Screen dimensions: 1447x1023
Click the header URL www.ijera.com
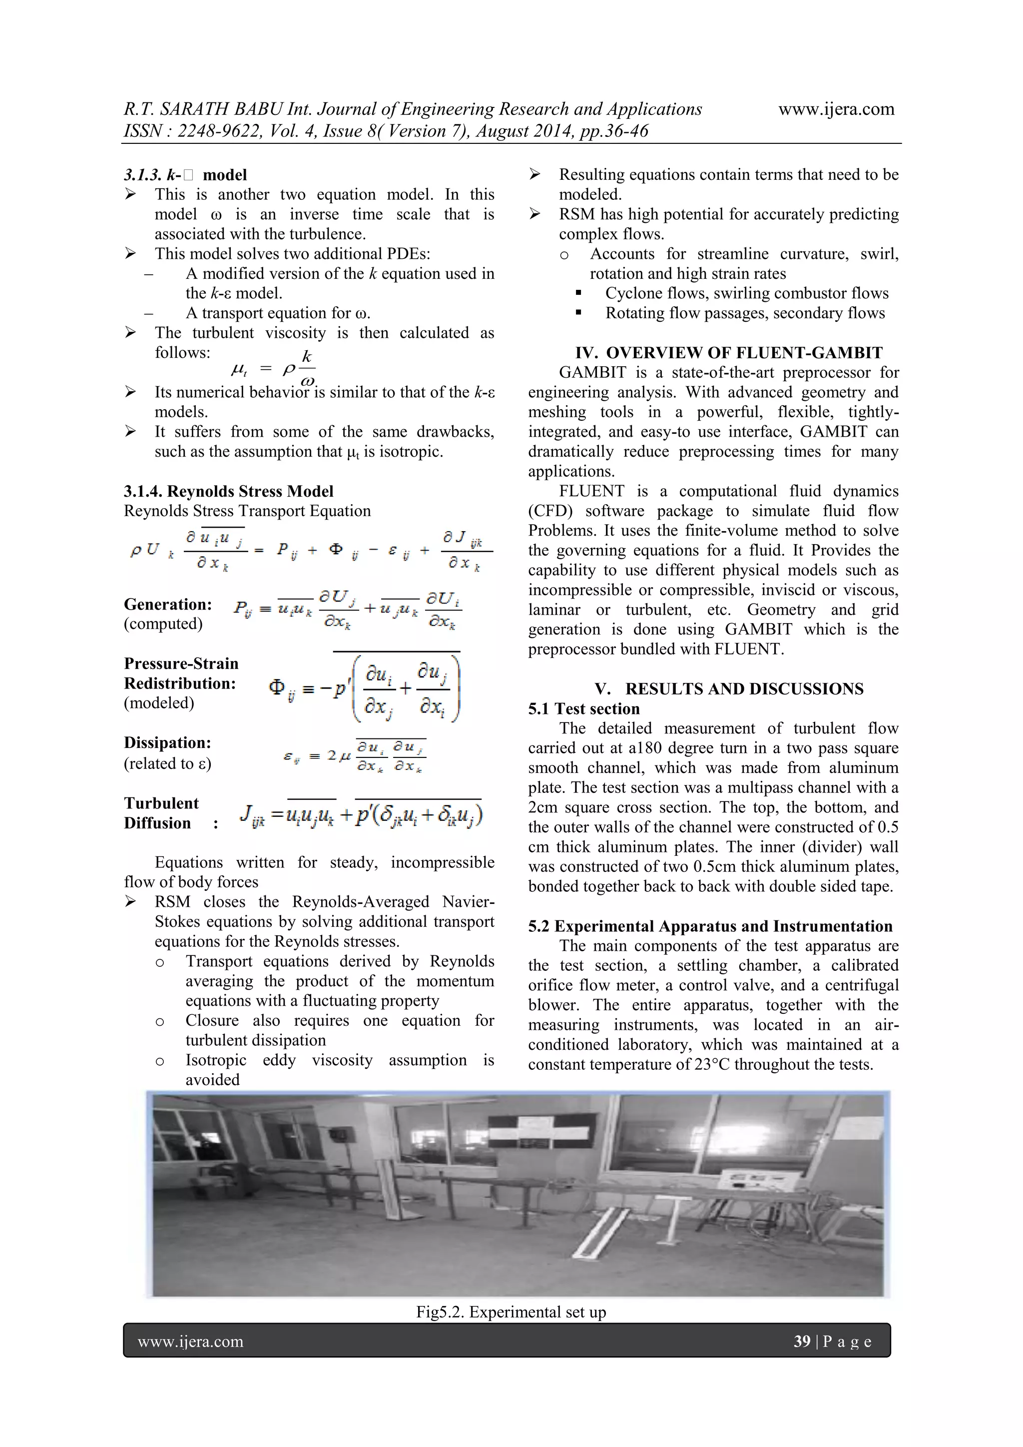click(836, 109)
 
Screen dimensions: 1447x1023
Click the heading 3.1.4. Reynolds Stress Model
click(228, 491)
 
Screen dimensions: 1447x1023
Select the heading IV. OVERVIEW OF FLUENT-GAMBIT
click(728, 352)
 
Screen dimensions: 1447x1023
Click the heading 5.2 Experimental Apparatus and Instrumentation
click(710, 926)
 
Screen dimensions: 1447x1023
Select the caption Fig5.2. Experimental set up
click(511, 1312)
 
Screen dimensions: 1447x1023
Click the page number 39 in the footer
click(802, 1341)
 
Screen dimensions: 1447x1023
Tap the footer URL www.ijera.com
click(190, 1341)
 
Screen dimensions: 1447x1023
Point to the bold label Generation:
click(167, 604)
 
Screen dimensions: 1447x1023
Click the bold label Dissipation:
click(167, 742)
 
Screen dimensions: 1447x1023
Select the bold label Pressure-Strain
click(181, 663)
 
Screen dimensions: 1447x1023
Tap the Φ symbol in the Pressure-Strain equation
click(277, 687)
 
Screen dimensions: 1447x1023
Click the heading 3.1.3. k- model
click(185, 174)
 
